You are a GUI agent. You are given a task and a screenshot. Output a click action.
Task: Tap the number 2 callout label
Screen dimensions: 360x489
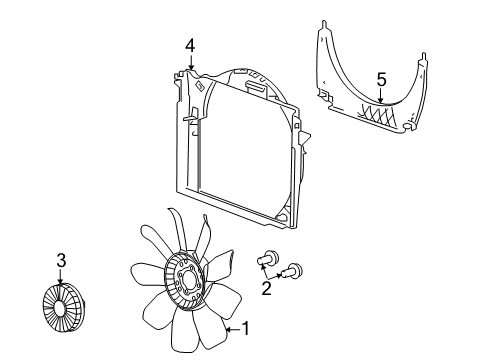click(x=265, y=288)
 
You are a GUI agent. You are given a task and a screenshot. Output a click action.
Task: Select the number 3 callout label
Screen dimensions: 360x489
click(x=62, y=261)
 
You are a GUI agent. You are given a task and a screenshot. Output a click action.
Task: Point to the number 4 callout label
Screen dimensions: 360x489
click(x=189, y=44)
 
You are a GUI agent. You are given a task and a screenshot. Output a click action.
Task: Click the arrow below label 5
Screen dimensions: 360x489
click(x=381, y=95)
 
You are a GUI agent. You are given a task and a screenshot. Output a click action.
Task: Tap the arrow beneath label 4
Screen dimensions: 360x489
click(x=189, y=62)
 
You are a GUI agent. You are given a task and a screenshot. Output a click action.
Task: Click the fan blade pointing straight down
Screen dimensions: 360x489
click(x=189, y=340)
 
